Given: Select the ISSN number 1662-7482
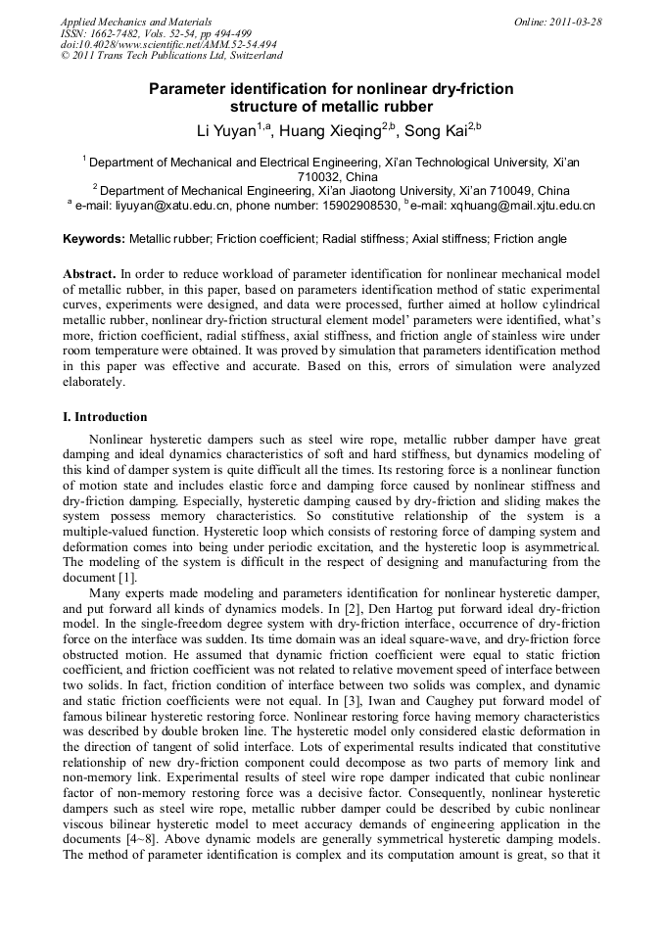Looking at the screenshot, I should click(124, 33).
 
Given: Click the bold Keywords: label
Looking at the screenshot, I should click(94, 239).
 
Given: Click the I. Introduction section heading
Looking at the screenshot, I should click(105, 416).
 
